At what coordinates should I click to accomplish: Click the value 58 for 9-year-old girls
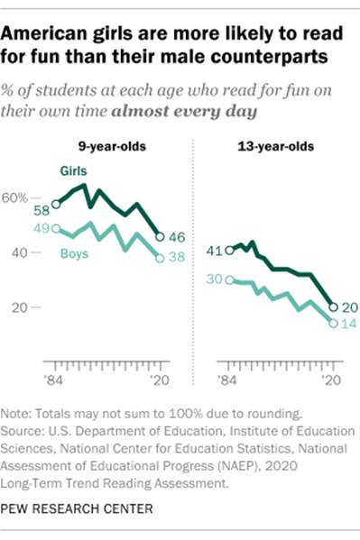click(42, 209)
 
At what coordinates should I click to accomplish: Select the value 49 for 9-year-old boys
click(42, 229)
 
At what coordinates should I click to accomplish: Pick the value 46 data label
click(178, 237)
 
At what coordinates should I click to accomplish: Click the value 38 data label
click(178, 258)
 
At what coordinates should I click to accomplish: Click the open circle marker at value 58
click(57, 205)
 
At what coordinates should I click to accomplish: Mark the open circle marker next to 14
click(335, 323)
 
